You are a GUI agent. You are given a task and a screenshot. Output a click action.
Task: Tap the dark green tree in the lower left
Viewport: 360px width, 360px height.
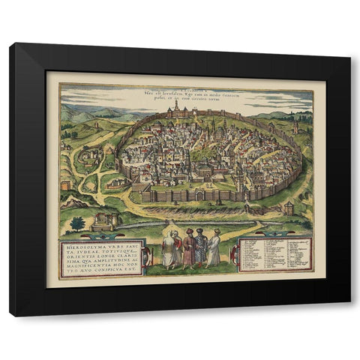(76, 223)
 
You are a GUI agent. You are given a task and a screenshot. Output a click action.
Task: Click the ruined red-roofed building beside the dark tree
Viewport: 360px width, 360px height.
(103, 220)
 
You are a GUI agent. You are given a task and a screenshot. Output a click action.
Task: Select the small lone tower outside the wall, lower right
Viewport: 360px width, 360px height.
(289, 208)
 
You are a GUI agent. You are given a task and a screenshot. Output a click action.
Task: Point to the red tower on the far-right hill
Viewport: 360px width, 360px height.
(296, 127)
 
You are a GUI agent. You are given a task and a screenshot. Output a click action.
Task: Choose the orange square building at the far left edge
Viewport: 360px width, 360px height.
(67, 184)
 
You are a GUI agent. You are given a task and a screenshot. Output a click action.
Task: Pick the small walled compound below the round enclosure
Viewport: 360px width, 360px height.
(114, 182)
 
